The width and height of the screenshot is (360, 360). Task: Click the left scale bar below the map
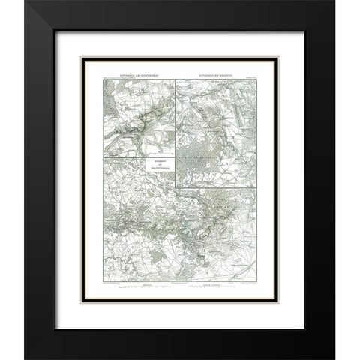137,290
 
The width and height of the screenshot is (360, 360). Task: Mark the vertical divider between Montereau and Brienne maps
175,120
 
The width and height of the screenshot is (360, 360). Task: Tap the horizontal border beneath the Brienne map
217,189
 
